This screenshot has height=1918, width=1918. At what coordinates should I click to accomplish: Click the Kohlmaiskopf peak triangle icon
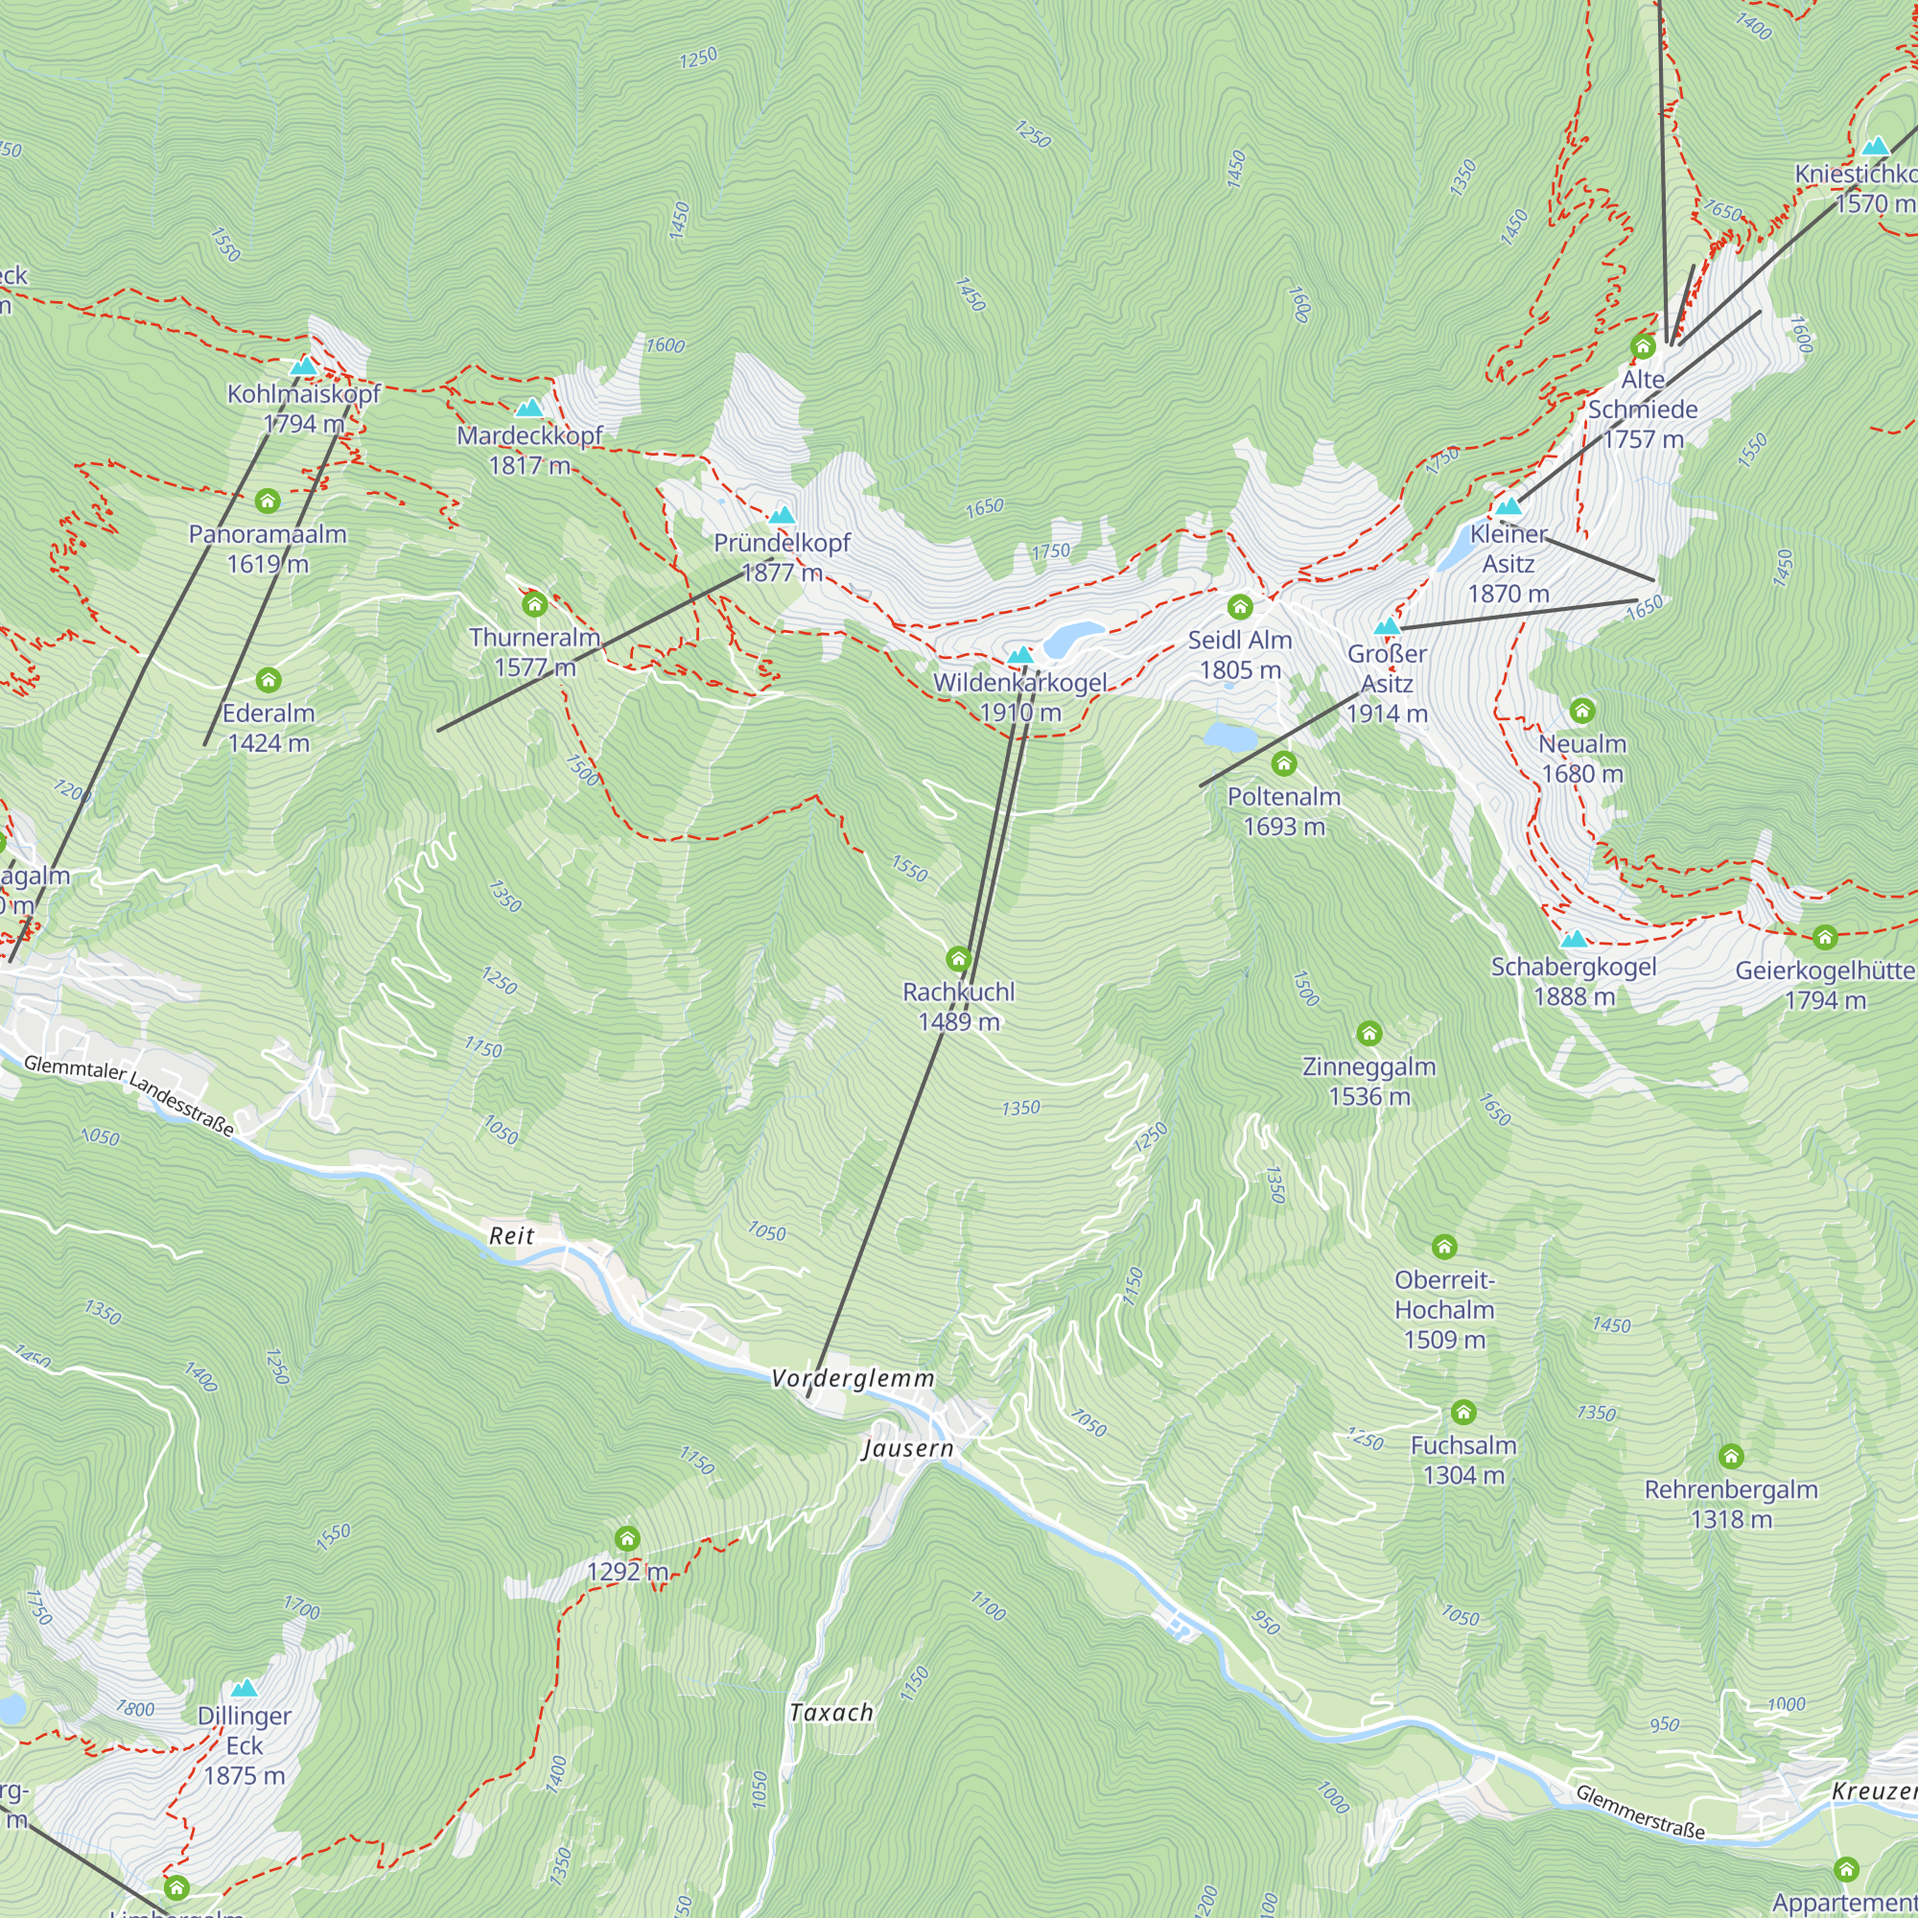304,366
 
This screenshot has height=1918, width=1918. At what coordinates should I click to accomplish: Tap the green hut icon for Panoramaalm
267,501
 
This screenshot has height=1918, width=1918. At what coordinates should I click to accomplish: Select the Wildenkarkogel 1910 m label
1019,697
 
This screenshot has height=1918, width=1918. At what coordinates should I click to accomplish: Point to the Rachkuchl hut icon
958,959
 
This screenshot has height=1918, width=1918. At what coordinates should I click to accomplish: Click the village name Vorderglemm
853,1378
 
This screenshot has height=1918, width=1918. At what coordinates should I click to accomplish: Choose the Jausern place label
907,1448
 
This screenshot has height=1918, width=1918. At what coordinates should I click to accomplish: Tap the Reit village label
511,1236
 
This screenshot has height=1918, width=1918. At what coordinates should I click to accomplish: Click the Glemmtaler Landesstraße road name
129,1095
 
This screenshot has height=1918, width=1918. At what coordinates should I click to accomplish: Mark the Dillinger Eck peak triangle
245,1689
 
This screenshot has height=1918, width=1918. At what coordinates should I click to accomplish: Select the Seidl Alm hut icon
1239,607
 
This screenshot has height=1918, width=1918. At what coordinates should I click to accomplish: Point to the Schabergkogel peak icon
1574,939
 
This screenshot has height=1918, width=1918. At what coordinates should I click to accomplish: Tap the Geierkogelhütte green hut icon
1825,937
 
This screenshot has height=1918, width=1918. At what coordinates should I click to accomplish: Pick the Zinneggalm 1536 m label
1369,1081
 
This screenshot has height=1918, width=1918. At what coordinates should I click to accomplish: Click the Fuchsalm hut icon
1463,1413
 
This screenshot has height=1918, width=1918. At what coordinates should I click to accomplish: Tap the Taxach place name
830,1713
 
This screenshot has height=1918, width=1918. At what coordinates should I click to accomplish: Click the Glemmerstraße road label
1640,1812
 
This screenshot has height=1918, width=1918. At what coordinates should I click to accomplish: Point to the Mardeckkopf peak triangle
529,408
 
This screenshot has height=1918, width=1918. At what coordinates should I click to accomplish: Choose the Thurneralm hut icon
534,603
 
